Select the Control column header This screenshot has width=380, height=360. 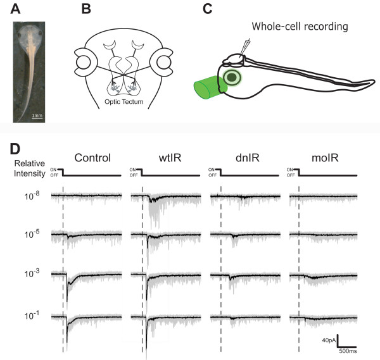92,158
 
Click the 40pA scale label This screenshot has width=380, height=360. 327,340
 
